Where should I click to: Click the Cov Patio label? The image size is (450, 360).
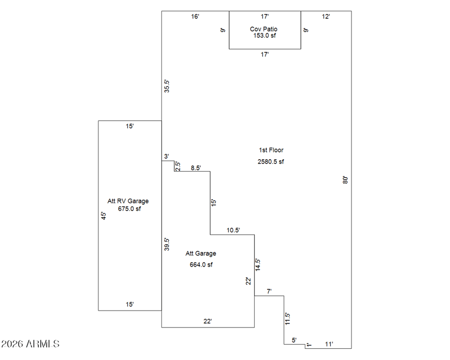[x=264, y=29]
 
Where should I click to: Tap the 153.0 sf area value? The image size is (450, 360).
[x=264, y=35]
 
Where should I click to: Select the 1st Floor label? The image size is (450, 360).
[x=271, y=150]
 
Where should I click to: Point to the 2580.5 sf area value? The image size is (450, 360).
[x=271, y=162]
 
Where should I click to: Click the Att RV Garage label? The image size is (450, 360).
[x=128, y=201]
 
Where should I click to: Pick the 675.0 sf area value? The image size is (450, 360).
[x=129, y=209]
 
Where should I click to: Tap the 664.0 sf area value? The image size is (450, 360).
[x=201, y=264]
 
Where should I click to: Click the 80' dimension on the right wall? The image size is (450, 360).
[x=345, y=180]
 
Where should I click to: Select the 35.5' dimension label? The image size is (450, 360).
[x=167, y=86]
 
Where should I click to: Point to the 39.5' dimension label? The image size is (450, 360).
[x=167, y=244]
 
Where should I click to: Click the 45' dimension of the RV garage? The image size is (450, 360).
[x=103, y=215]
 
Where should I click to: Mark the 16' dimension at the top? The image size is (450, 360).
[x=195, y=17]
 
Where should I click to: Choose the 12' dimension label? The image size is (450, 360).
[x=326, y=17]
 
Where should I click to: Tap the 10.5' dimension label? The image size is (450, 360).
[x=233, y=230]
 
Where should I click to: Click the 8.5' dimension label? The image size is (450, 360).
[x=196, y=168]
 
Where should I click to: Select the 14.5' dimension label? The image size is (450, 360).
[x=258, y=265]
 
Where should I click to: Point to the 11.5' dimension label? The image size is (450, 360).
[x=287, y=319]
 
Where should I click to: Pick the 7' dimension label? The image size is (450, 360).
[x=269, y=291]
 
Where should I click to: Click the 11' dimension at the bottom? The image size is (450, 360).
[x=329, y=343]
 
